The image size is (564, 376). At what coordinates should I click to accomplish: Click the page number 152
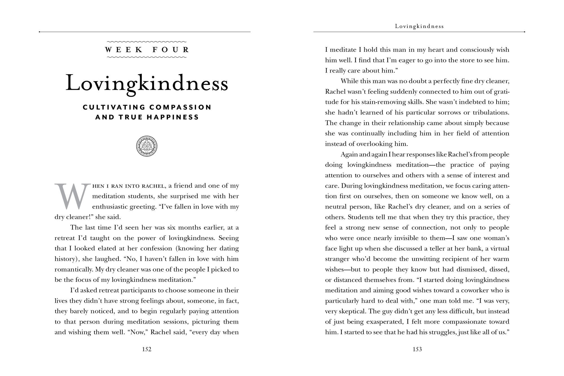(x=147, y=349)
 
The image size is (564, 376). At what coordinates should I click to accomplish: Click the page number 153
(x=417, y=349)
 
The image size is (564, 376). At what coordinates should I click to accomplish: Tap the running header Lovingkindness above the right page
(x=419, y=27)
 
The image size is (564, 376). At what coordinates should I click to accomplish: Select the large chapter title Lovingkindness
(x=147, y=83)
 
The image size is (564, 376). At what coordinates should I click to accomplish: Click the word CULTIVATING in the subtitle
(x=114, y=107)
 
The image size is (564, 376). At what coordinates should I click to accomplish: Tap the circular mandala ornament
(x=147, y=146)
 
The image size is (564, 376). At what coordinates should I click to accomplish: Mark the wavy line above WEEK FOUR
(x=147, y=41)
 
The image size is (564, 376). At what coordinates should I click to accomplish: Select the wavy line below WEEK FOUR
(x=147, y=57)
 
